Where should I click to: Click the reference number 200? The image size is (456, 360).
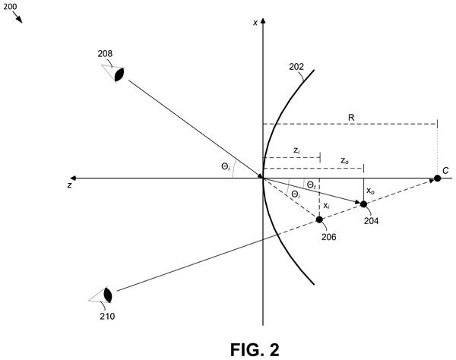point(10,7)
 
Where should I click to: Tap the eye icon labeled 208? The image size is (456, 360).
point(114,73)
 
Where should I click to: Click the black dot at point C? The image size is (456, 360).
point(437,178)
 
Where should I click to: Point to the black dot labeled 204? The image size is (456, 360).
point(363,204)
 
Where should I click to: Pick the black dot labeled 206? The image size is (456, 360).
point(319,219)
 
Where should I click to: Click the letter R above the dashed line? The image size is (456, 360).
point(351,118)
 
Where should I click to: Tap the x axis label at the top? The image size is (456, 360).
point(255,23)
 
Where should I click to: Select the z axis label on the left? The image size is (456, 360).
point(69,185)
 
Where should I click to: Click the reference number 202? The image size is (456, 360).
point(296,67)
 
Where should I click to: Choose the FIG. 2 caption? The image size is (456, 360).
point(255,349)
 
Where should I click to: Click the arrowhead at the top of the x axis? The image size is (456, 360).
point(263,21)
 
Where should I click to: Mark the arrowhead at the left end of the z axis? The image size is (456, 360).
point(73,178)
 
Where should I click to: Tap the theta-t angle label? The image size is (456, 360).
point(312,185)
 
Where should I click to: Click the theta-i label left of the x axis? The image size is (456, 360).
point(226,167)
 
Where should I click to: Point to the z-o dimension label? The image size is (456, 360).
point(344,161)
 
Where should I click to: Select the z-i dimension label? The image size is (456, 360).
point(296,150)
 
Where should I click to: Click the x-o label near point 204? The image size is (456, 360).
point(370,191)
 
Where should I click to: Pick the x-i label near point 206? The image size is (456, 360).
point(327,206)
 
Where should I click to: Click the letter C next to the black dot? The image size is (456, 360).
point(445,171)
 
